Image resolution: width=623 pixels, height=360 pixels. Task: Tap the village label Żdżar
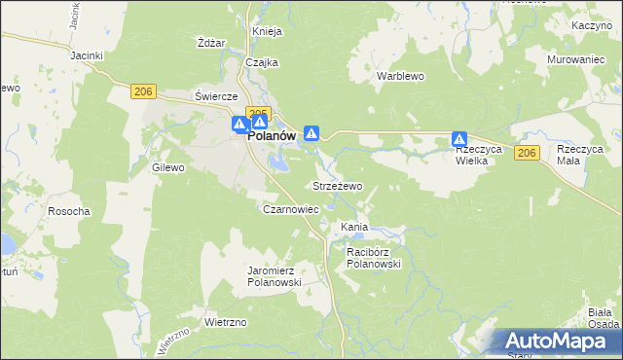pos(211,43)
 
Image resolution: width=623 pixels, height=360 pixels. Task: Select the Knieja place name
pos(267,31)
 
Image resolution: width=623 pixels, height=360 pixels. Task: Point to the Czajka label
pos(262,62)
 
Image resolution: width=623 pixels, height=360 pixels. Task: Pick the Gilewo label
pos(168,167)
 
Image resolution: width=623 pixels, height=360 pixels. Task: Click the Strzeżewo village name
pos(337,185)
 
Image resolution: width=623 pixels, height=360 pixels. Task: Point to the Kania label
pos(353,227)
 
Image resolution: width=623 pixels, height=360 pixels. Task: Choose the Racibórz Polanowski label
pos(374,257)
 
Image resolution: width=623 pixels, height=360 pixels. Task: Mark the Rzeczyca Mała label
pos(580,155)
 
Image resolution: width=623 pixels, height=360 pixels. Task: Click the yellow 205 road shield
pos(258,114)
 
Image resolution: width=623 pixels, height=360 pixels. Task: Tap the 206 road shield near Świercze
pos(143,91)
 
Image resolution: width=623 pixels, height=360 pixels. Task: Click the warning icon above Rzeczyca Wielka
pos(459,140)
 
